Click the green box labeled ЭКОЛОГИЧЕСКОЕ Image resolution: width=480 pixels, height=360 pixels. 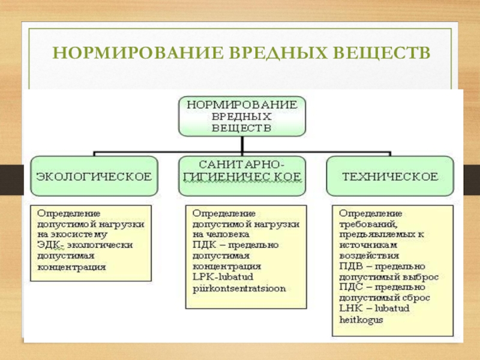[94, 176]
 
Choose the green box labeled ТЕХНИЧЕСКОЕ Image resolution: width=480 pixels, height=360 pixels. [389, 176]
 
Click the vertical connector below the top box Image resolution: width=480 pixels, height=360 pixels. [242, 145]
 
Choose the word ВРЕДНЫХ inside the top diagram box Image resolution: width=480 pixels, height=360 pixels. [242, 116]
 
